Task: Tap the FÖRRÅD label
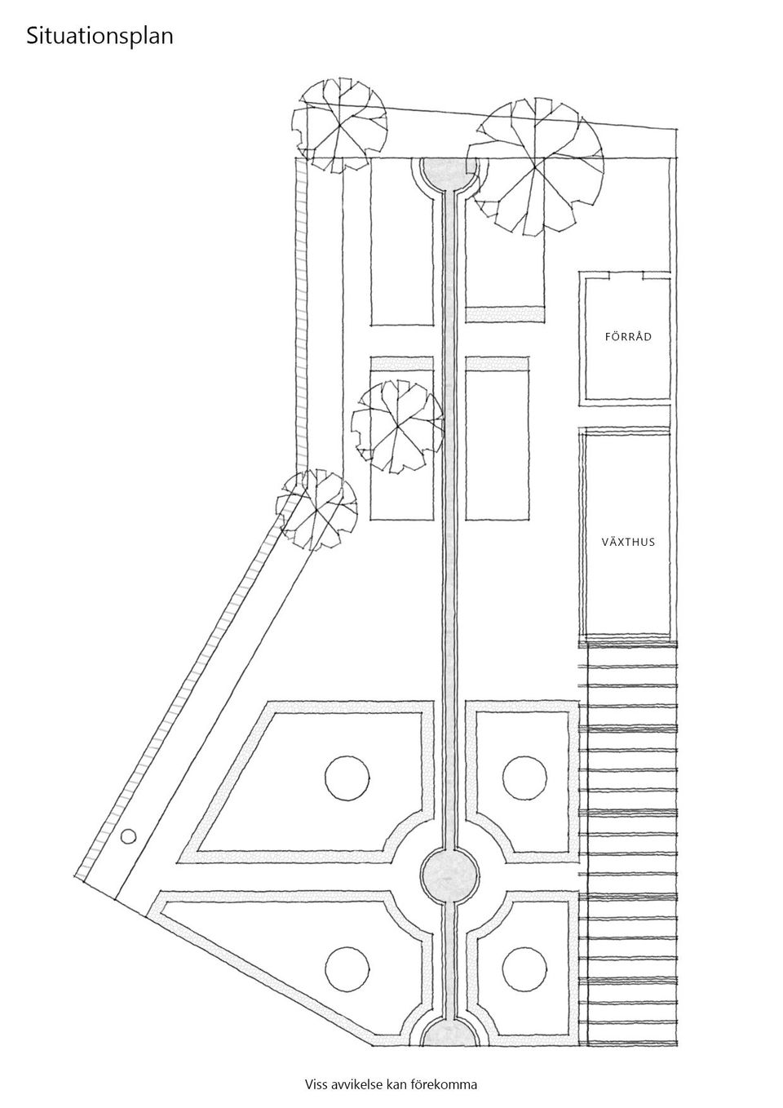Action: (628, 337)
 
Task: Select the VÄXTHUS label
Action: (628, 542)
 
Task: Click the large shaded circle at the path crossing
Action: (449, 875)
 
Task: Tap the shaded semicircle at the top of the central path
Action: (449, 174)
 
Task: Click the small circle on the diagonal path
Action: (128, 836)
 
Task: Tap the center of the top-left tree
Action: (340, 126)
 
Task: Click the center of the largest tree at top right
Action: (536, 166)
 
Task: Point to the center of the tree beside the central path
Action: (397, 427)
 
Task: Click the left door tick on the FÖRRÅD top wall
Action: (609, 274)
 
